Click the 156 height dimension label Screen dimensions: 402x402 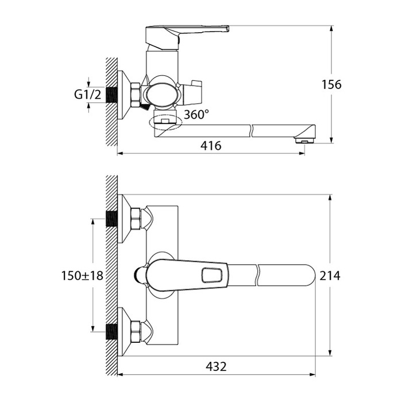[x=331, y=84]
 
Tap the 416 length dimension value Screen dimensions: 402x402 [x=211, y=146]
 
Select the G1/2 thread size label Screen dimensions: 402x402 [x=88, y=95]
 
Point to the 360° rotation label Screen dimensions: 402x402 [x=196, y=114]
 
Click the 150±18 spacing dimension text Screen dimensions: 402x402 [x=82, y=276]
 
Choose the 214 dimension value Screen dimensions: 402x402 [x=330, y=276]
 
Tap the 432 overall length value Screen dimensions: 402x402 [x=216, y=366]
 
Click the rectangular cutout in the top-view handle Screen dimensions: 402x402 [x=212, y=275]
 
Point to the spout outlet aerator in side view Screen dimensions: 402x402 [x=304, y=141]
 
